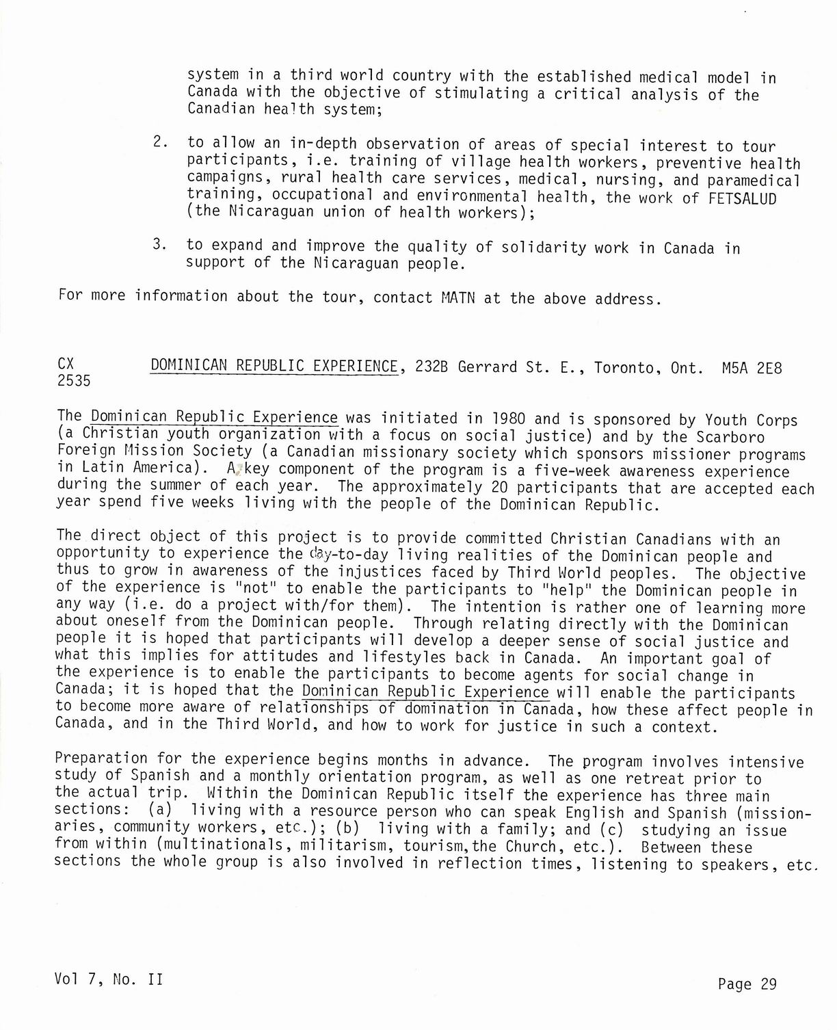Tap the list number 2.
pyautogui.click(x=161, y=142)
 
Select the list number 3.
pyautogui.click(x=161, y=245)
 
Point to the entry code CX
pyautogui.click(x=66, y=364)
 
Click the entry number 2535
pyautogui.click(x=73, y=381)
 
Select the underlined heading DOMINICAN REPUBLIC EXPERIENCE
pyautogui.click(x=274, y=366)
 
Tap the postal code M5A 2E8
pyautogui.click(x=752, y=369)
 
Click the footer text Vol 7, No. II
pyautogui.click(x=108, y=979)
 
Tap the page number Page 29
pyautogui.click(x=747, y=983)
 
